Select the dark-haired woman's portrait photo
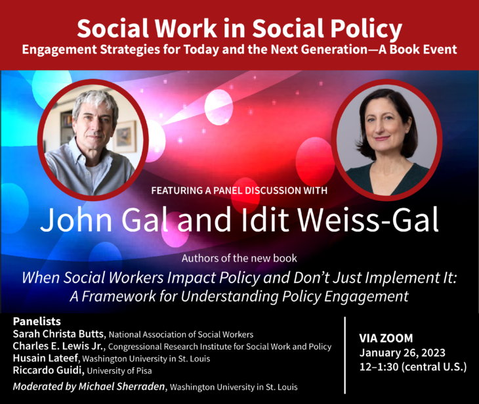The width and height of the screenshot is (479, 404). tap(386, 139)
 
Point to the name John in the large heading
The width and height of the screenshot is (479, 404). tap(76, 219)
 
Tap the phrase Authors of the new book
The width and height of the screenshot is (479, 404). tap(239, 258)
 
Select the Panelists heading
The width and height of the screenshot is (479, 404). tap(37, 321)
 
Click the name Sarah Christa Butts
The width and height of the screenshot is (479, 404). tap(59, 334)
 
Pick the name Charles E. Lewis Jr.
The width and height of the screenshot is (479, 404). tap(59, 346)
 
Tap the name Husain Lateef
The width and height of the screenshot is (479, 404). tap(46, 358)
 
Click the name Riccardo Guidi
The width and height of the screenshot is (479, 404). tap(49, 370)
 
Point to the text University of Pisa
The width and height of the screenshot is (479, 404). tap(119, 370)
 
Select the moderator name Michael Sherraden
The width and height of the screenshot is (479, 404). tap(121, 386)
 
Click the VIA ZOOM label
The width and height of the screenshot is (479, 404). tap(386, 338)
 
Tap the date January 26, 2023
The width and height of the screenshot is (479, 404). tap(402, 353)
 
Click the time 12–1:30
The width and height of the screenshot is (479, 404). tap(379, 367)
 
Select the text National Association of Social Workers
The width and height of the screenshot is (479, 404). tap(181, 334)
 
